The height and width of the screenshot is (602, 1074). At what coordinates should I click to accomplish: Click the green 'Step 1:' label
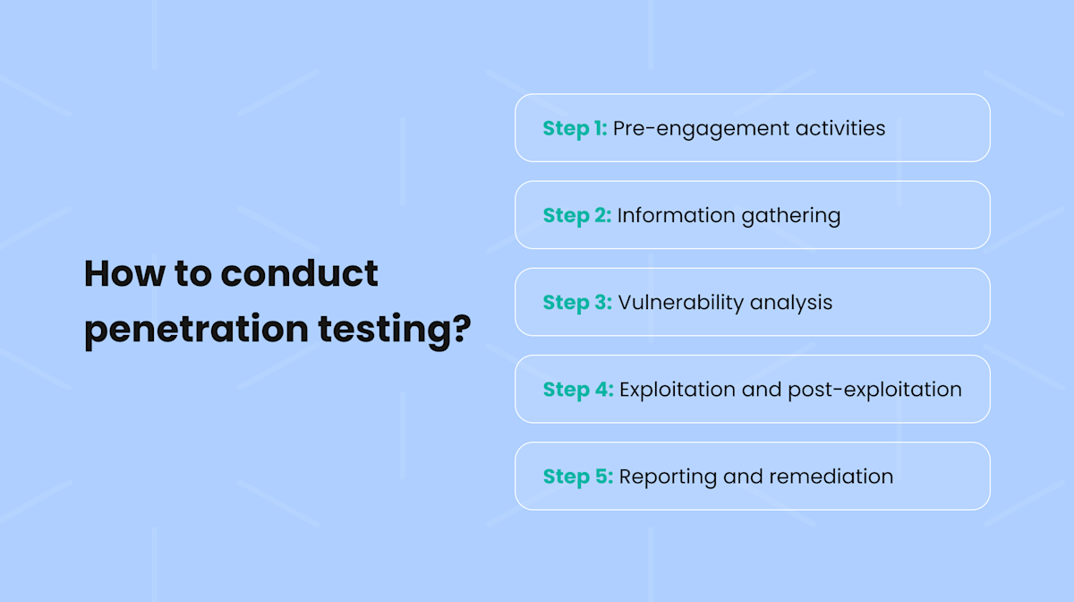[x=575, y=128]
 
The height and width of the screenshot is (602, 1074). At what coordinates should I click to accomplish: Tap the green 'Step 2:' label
[x=576, y=215]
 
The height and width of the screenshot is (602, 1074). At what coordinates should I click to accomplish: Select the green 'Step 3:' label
[x=577, y=302]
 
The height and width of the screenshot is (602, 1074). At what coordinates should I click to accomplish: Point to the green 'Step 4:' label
[x=578, y=390]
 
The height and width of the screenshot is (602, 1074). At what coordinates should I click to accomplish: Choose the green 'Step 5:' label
[x=577, y=477]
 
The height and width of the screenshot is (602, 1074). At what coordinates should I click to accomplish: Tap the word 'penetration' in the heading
[x=196, y=330]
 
